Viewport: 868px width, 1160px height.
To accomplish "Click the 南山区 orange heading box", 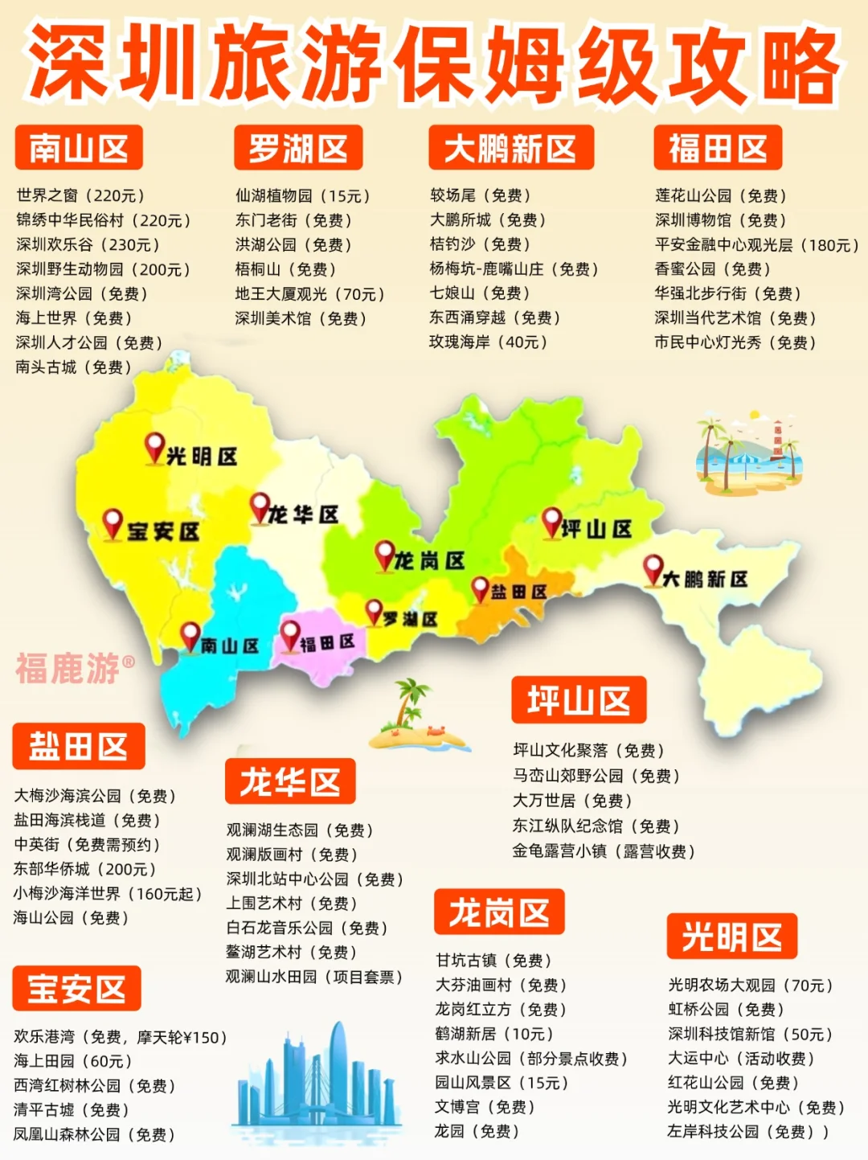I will click(x=78, y=149).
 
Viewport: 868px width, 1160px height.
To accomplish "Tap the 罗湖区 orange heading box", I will click(x=298, y=149).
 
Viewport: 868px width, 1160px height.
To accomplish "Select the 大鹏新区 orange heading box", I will click(x=511, y=149).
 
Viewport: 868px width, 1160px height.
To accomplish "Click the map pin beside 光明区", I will click(x=154, y=448).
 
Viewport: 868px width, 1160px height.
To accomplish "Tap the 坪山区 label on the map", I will click(x=596, y=529).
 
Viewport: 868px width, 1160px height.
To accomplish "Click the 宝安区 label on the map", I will click(x=162, y=531).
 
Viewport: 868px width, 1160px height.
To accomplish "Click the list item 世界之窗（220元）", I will click(x=80, y=195).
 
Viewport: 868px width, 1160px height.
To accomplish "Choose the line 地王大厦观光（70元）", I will click(x=309, y=294).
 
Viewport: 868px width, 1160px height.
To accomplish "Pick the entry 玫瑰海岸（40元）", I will click(x=489, y=342).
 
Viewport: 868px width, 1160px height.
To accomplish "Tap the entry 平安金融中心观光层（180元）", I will click(x=755, y=245).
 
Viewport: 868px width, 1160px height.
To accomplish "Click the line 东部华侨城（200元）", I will click(x=84, y=869).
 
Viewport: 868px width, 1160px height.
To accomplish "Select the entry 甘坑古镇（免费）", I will click(x=493, y=961).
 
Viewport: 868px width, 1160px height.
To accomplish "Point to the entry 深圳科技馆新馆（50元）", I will click(x=750, y=1035).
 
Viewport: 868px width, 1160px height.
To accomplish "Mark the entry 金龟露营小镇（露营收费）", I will click(x=604, y=851).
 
